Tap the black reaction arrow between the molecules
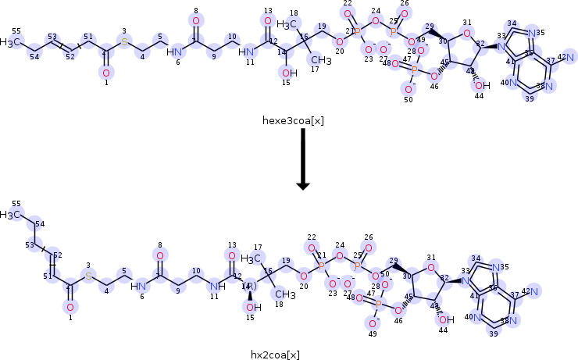tap(303, 160)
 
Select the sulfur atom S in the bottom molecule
tap(88, 276)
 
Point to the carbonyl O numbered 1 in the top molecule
tap(106, 73)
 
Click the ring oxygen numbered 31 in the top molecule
tap(466, 34)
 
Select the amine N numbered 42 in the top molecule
tap(570, 57)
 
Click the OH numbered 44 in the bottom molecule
tap(445, 319)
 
